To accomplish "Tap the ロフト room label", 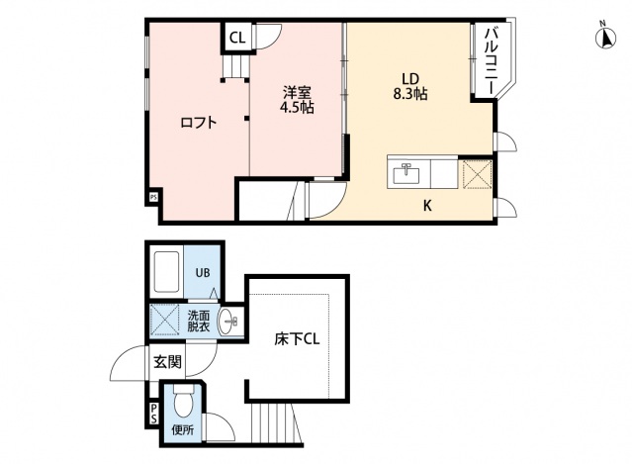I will pos(198,123).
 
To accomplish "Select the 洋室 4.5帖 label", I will pos(297,100).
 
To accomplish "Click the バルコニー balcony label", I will pos(490,61).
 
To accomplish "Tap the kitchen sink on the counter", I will pos(406,174).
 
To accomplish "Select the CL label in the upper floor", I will pos(237,39).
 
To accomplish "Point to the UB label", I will pos(202,273).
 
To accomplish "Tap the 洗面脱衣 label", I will pos(198,322).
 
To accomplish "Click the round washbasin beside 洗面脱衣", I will pos(228,320).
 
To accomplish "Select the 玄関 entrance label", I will pos(167,361).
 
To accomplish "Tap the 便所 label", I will pos(183,430).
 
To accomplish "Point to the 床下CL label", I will pos(297,338).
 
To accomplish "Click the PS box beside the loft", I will pos(153,197).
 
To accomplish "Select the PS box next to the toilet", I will pos(154,415).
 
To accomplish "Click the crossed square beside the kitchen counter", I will pos(477,174).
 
